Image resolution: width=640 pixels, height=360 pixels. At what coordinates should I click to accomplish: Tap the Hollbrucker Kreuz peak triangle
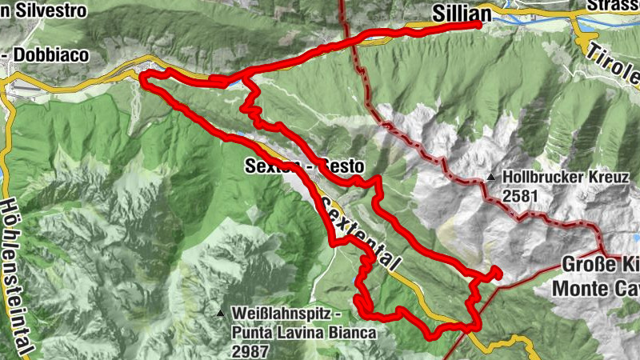point(490,178)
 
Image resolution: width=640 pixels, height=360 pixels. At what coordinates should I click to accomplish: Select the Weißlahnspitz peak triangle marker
point(220,312)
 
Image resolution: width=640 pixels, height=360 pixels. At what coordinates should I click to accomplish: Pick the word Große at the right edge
point(587,265)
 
